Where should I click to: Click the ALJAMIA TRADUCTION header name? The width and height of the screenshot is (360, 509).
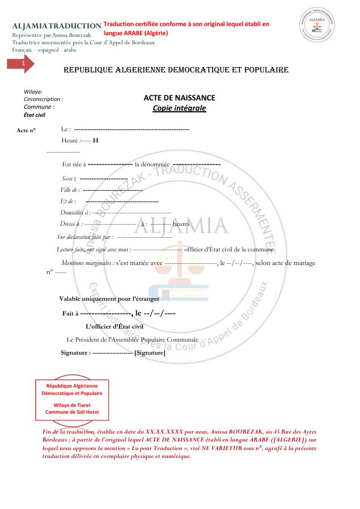point(57,26)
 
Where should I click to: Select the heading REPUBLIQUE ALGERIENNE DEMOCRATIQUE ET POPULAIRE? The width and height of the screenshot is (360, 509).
point(176,70)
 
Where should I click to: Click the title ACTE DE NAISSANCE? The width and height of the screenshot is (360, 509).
point(179,98)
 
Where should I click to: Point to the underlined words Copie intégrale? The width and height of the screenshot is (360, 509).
point(179,108)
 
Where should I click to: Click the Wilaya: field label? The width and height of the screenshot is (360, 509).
point(33,91)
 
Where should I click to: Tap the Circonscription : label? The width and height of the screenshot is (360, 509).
point(43,99)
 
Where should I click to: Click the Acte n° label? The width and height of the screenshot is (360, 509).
point(26,131)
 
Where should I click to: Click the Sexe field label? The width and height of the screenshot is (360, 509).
point(69,178)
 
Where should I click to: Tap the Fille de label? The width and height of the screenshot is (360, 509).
point(70,190)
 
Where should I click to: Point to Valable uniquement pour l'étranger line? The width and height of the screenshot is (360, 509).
point(109,298)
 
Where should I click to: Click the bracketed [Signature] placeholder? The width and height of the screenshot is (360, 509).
point(150,353)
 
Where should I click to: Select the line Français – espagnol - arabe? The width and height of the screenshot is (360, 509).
point(44,50)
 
